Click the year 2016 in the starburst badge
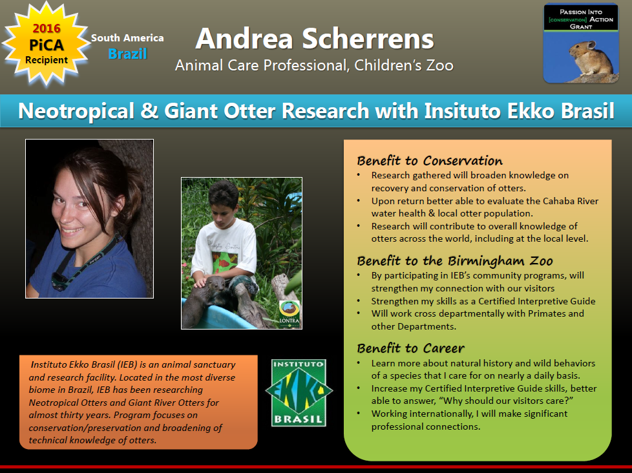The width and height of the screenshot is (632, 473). click(47, 28)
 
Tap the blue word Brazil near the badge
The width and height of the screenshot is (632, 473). click(127, 54)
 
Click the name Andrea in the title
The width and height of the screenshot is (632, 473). click(244, 39)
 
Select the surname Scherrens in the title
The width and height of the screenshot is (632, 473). click(368, 39)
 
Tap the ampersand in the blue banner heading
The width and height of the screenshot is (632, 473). click(149, 110)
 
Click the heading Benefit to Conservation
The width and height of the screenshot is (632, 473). click(430, 161)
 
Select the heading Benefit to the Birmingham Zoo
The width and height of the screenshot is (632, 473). click(455, 261)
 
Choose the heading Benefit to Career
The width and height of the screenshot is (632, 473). click(410, 348)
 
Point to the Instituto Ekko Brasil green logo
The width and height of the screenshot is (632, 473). click(299, 393)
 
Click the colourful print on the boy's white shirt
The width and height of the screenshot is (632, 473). click(226, 261)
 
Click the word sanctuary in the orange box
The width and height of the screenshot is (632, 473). click(215, 364)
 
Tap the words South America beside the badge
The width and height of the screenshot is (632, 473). click(127, 38)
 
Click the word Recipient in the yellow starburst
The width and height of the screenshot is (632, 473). click(47, 60)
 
